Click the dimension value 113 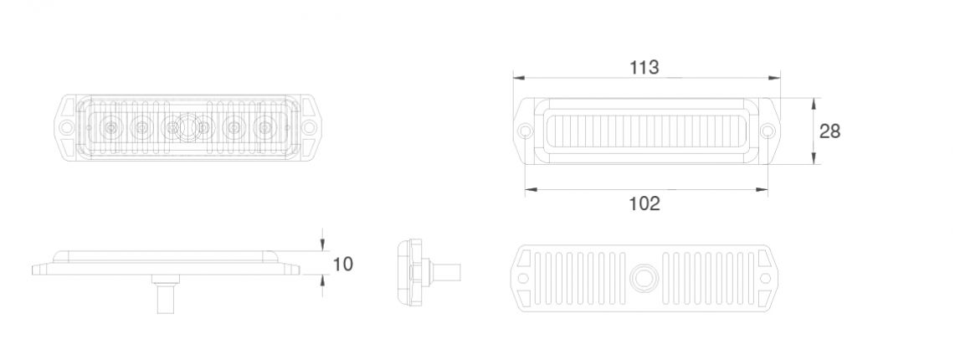[644, 68]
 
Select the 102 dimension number [644, 203]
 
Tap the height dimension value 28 [829, 131]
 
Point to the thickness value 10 [343, 265]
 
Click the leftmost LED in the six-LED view [110, 129]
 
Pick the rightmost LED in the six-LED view [265, 129]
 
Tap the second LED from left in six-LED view [141, 129]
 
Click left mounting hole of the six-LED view [64, 129]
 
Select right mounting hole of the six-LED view [310, 129]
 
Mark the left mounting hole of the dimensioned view [525, 131]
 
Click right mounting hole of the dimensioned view [768, 131]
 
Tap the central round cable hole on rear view [644, 278]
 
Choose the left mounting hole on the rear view [524, 278]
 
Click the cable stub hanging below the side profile [164, 298]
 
